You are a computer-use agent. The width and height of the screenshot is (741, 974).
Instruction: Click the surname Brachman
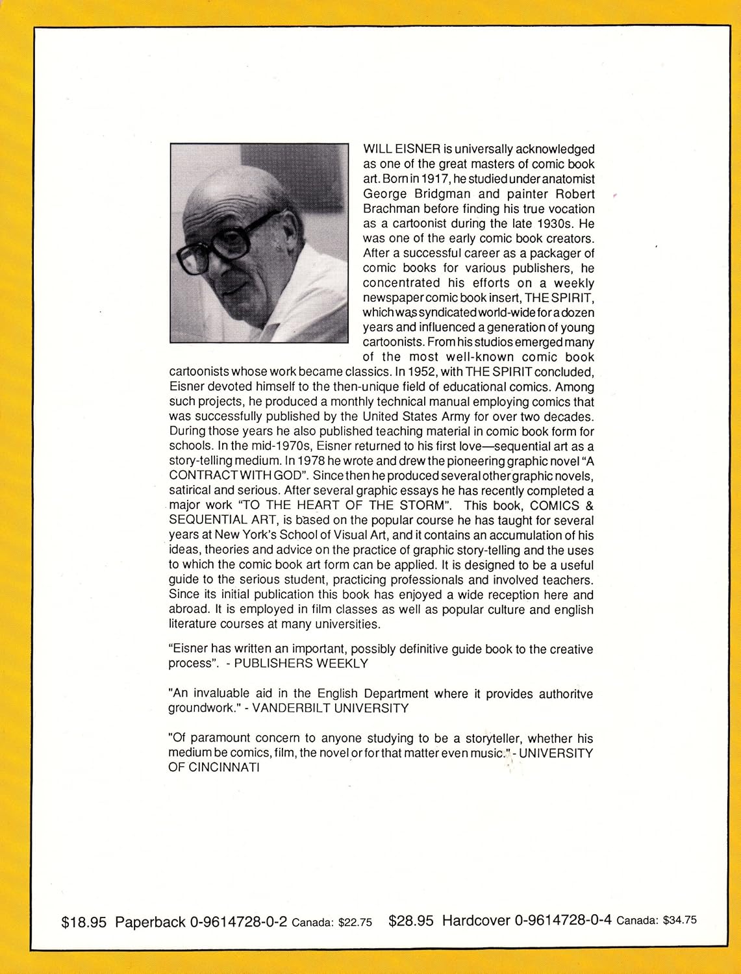pyautogui.click(x=391, y=209)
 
